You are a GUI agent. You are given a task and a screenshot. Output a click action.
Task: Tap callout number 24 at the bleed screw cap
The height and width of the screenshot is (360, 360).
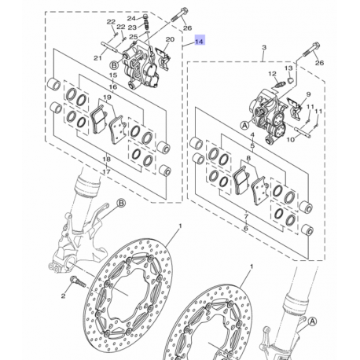131,17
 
